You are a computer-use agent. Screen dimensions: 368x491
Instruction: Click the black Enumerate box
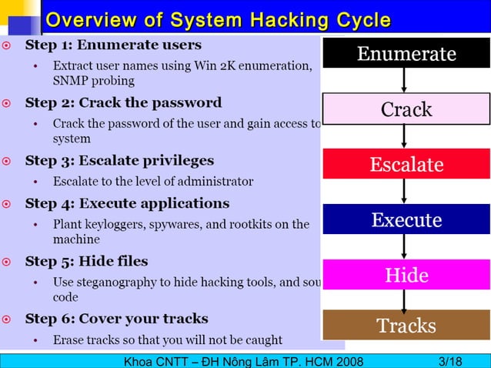(406, 53)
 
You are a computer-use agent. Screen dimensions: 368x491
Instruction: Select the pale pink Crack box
(406, 109)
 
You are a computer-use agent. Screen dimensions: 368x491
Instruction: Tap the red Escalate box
(406, 164)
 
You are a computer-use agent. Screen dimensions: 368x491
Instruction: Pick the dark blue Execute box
(406, 219)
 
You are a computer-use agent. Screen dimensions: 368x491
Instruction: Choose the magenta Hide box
(406, 275)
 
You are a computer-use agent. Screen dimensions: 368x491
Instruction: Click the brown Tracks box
(406, 325)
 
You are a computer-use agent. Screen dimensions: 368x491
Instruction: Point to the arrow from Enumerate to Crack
(405, 81)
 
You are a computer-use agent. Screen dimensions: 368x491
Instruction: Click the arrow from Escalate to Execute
(405, 192)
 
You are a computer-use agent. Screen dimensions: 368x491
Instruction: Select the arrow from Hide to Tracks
(405, 299)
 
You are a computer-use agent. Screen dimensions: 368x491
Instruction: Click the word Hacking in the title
(267, 19)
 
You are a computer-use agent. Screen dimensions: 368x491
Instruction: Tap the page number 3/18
(449, 361)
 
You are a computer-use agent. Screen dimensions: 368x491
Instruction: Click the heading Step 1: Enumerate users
(113, 45)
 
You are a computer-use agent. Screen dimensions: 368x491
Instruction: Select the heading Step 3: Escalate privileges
(119, 160)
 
